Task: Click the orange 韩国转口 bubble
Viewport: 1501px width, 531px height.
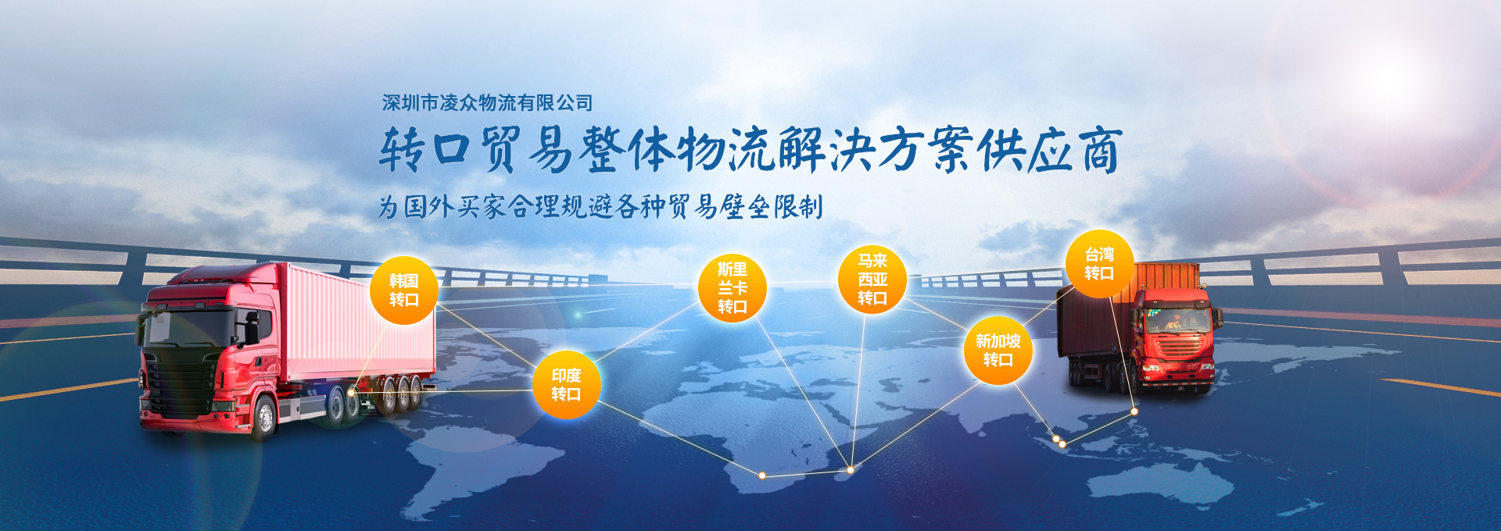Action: pos(403,290)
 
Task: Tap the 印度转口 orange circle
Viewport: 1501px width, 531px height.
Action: pos(566,385)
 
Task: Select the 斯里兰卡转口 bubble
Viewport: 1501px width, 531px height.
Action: pos(732,288)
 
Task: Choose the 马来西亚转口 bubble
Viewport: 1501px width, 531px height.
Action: pos(872,280)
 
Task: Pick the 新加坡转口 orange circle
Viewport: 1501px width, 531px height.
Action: pos(998,351)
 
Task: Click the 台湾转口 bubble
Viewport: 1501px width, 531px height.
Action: pos(1099,264)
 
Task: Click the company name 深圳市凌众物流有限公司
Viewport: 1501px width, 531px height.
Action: pos(487,102)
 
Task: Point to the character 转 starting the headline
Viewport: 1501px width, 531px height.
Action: pos(403,149)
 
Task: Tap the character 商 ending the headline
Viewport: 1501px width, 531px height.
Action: pos(1100,150)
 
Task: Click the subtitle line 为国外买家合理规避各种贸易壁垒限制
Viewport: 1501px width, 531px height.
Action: pos(600,206)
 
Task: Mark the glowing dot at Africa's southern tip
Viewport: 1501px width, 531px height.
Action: pos(761,475)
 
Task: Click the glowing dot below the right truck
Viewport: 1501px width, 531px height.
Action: pos(1134,411)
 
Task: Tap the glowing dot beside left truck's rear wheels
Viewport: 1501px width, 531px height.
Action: pos(351,392)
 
